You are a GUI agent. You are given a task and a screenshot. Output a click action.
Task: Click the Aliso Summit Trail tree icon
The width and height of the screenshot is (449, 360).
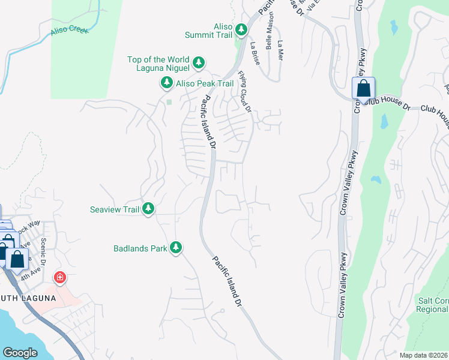pos(241,29)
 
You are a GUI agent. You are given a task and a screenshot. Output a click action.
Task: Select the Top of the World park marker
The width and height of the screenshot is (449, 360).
pos(199,62)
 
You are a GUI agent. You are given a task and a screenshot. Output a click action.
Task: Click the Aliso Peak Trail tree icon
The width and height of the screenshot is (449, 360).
pos(166,83)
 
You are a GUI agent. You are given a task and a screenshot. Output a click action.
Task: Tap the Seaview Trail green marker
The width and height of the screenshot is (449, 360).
pos(148,209)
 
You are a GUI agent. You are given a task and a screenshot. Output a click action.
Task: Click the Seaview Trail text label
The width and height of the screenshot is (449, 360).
pos(114,209)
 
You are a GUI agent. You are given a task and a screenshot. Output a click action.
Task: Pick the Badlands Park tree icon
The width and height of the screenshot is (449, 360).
pos(176,247)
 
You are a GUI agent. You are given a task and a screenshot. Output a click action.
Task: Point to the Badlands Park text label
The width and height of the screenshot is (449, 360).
pos(140,248)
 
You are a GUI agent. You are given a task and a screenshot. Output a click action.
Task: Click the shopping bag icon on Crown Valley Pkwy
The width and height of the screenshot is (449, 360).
pos(363,88)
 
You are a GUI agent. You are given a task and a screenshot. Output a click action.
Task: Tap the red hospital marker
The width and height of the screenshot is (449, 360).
pos(59,277)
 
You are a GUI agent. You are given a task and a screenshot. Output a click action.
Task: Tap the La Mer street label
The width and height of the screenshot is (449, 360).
pos(280,50)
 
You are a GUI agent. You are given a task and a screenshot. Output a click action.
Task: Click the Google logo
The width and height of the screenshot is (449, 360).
pos(20,353)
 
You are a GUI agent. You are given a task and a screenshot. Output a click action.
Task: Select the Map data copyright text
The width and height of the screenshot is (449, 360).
pos(423,355)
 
